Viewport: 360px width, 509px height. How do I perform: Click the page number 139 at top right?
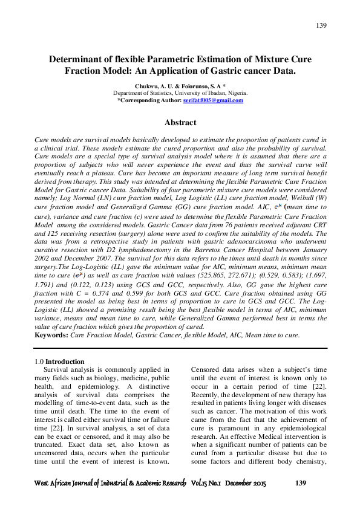point(321,25)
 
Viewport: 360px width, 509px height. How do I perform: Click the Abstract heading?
point(180,122)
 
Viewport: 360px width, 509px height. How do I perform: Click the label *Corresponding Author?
point(144,100)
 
